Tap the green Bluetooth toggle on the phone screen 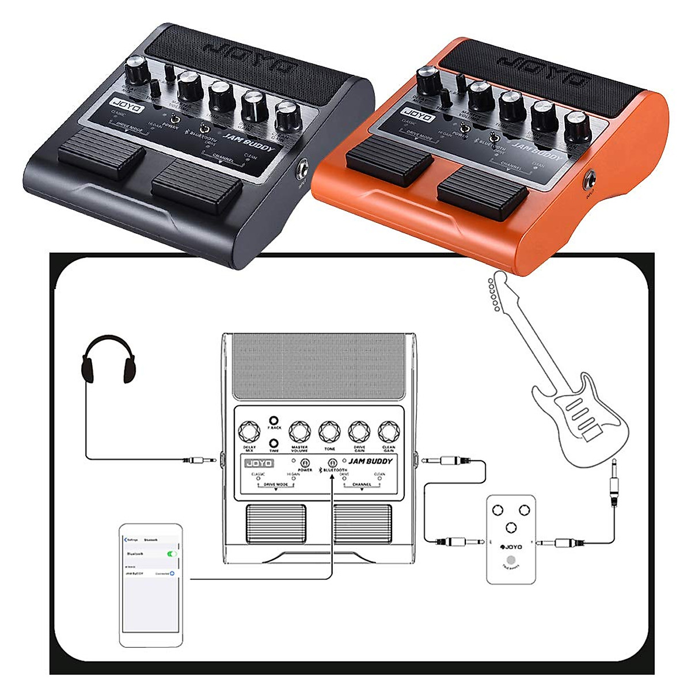(171, 553)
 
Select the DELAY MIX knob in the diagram (249, 431)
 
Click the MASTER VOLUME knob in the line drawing (299, 431)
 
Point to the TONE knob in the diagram (329, 431)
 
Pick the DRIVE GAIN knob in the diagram (359, 431)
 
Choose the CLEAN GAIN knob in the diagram (389, 431)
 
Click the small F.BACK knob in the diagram (275, 420)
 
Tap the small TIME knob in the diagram (275, 443)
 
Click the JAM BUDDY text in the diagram (370, 461)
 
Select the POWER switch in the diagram (305, 463)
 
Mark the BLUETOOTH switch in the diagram (332, 463)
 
